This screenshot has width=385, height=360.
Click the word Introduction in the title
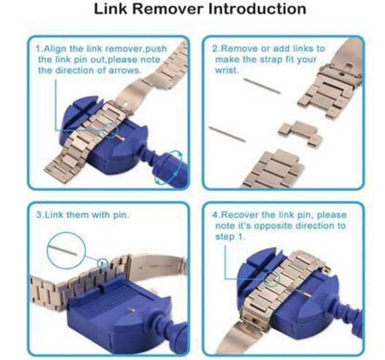[257, 9]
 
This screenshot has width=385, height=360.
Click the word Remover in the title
[169, 9]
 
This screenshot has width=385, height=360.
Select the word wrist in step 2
[227, 71]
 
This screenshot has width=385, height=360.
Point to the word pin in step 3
[121, 215]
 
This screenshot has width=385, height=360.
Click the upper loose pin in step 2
[262, 86]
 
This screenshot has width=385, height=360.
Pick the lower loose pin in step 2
[227, 134]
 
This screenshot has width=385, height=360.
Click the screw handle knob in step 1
[170, 168]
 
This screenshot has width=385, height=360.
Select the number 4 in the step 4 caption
[215, 215]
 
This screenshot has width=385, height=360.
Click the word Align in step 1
[55, 49]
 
